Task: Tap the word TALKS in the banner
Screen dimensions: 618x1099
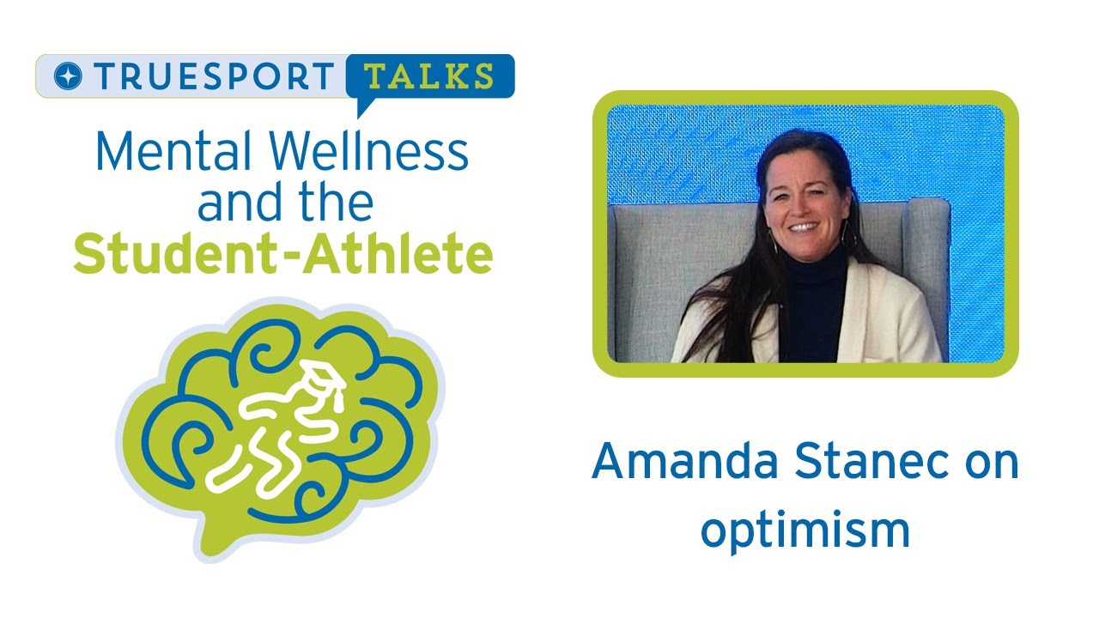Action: click(429, 76)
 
